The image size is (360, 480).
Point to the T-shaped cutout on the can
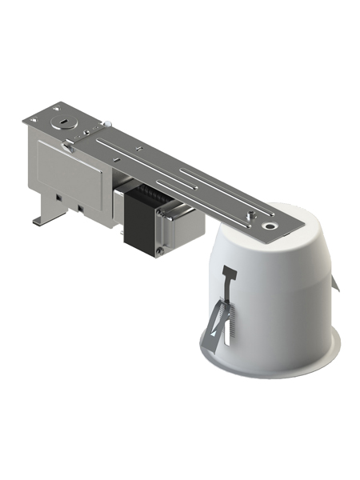[x=229, y=276]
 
